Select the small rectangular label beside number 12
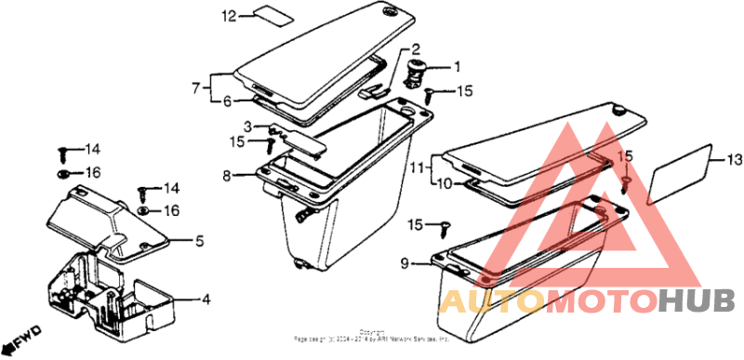[267, 15]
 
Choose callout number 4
[206, 300]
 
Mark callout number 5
[199, 242]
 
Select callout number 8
[226, 175]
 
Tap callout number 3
[247, 126]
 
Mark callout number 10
[445, 184]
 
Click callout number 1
[457, 67]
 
